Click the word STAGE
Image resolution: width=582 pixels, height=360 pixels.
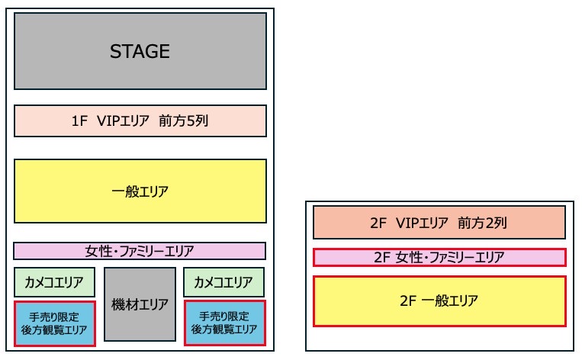pos(140,52)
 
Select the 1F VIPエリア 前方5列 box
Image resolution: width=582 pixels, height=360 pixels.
pos(140,121)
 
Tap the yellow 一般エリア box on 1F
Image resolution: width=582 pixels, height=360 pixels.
pos(140,191)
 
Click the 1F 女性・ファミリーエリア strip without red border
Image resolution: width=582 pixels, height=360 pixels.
pos(140,251)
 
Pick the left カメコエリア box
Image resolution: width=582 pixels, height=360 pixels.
pos(54,282)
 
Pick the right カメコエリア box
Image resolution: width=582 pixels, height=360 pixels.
pos(224,282)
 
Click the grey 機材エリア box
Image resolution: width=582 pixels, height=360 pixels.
pos(140,304)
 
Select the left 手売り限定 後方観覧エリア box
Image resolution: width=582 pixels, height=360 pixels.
pos(54,323)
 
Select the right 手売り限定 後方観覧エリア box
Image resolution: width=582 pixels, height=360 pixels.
pos(224,323)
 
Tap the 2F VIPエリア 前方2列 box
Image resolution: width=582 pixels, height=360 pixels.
pos(439,223)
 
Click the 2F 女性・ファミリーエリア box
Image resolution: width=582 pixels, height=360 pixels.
pos(439,258)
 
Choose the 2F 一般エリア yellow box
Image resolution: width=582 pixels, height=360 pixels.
pos(439,301)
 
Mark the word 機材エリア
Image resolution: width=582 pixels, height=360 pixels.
pos(140,304)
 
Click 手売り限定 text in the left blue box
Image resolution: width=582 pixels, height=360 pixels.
pos(54,316)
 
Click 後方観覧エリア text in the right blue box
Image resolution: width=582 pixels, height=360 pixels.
pos(224,330)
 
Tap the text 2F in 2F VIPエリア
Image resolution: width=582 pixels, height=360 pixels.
pos(378,223)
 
